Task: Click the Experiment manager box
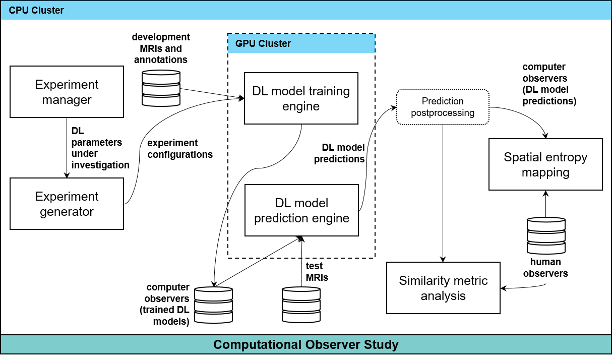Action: pyautogui.click(x=67, y=92)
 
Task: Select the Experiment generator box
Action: pyautogui.click(x=67, y=204)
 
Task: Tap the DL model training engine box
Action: pyautogui.click(x=301, y=98)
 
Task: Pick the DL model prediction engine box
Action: pyautogui.click(x=301, y=210)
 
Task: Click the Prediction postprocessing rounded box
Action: pyautogui.click(x=443, y=107)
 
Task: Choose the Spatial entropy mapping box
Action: pyautogui.click(x=545, y=164)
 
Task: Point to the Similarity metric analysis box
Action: pyautogui.click(x=443, y=288)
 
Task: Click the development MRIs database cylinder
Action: pyautogui.click(x=160, y=88)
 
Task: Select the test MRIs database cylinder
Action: pyautogui.click(x=301, y=305)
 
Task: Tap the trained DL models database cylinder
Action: pyautogui.click(x=213, y=305)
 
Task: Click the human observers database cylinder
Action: pyautogui.click(x=545, y=235)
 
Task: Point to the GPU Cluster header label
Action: pyautogui.click(x=259, y=44)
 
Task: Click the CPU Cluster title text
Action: pyautogui.click(x=36, y=10)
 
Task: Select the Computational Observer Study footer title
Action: pyautogui.click(x=305, y=345)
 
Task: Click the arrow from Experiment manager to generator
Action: pyautogui.click(x=67, y=148)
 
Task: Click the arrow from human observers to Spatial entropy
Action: pyautogui.click(x=545, y=204)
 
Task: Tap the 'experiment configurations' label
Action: pyautogui.click(x=179, y=149)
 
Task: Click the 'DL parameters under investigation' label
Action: pyautogui.click(x=100, y=148)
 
